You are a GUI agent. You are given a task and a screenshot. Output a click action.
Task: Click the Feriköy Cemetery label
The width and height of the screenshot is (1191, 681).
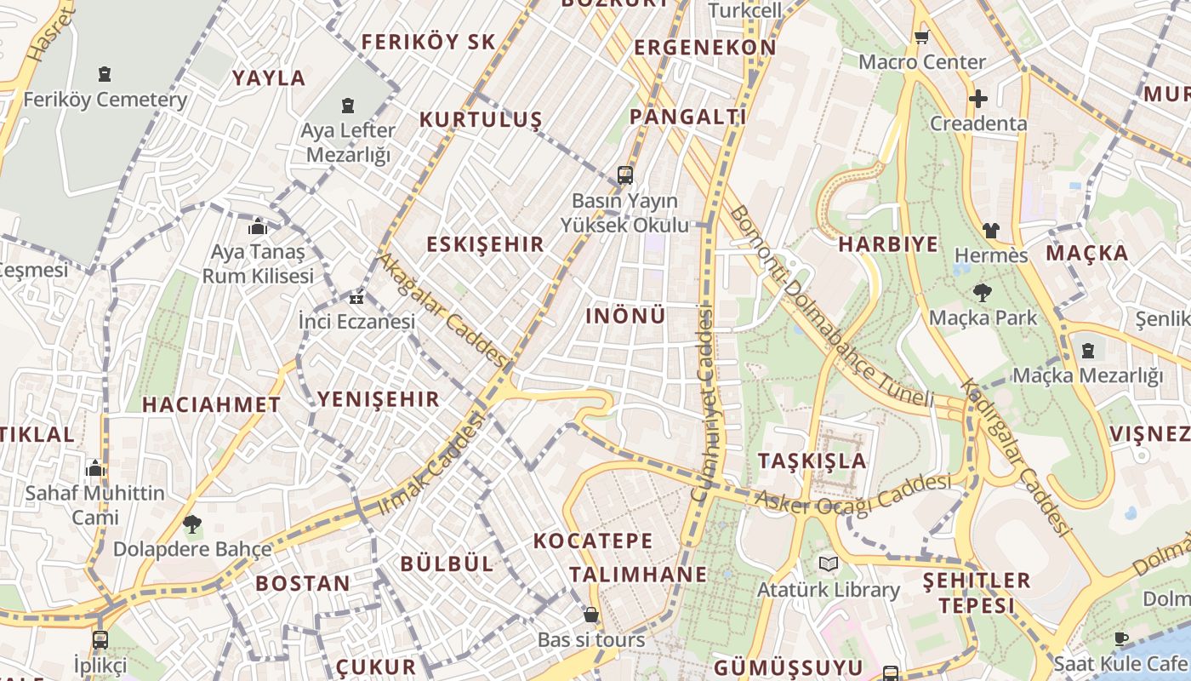tap(105, 100)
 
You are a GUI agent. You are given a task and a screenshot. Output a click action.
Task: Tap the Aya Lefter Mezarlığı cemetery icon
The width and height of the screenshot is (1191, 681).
tap(347, 106)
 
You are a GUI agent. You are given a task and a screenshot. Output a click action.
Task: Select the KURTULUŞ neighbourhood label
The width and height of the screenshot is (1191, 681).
tap(480, 120)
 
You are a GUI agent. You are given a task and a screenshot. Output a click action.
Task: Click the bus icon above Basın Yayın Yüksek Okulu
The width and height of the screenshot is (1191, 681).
tap(625, 175)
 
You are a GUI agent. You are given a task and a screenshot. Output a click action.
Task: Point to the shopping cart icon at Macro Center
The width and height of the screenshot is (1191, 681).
tap(921, 37)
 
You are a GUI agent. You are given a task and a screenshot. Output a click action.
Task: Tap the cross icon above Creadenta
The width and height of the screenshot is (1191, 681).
tap(978, 99)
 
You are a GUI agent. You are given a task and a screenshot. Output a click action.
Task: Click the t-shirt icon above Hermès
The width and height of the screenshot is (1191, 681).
tap(991, 230)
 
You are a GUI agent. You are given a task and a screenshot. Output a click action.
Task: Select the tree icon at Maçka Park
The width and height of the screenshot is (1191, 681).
tap(983, 293)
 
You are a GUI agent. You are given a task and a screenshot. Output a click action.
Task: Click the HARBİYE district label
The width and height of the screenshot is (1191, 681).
tap(888, 245)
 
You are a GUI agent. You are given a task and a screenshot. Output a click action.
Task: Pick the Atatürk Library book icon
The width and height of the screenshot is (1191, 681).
tap(828, 564)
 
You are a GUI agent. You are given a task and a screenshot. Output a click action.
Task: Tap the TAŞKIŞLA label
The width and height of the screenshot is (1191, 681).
tap(812, 461)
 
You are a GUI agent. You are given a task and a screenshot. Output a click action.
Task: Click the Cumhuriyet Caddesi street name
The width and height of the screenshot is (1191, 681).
tap(703, 403)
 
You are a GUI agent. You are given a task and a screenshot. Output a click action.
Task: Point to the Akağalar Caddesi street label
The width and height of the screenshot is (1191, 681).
tap(442, 310)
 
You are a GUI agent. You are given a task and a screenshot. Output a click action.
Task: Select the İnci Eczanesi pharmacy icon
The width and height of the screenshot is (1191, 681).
tap(356, 298)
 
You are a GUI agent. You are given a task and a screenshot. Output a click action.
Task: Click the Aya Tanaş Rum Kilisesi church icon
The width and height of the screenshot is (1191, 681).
tap(258, 226)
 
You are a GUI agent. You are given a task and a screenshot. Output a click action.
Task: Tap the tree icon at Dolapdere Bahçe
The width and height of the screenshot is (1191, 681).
tap(192, 524)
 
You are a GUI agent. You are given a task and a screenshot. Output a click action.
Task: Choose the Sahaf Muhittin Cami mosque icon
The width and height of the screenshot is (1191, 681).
tap(95, 468)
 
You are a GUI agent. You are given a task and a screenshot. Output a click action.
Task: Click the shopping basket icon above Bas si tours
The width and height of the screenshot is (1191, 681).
tap(591, 615)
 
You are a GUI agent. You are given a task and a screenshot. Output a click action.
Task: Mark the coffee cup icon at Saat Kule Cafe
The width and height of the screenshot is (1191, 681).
tap(1121, 638)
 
